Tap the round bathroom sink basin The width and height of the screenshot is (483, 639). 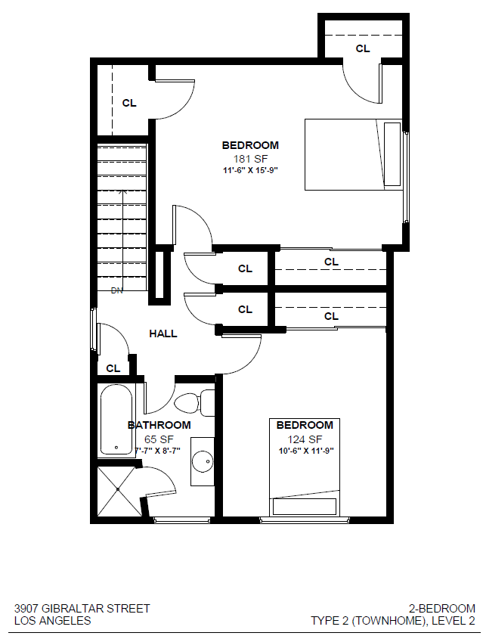tap(203, 461)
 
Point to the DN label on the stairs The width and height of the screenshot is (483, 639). tap(117, 290)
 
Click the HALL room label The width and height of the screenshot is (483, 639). tap(163, 333)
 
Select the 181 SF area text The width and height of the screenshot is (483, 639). tap(249, 158)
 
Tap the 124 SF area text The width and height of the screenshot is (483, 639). tap(305, 439)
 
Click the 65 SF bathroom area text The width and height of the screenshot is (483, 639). tap(159, 439)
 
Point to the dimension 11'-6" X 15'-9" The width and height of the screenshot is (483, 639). tap(249, 171)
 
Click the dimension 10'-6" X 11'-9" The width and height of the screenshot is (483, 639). tap(305, 451)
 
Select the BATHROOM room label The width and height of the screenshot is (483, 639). tap(159, 426)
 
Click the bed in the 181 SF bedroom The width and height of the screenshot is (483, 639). tap(352, 154)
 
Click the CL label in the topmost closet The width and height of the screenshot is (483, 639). tap(363, 48)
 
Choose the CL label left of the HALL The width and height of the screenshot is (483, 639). tap(113, 369)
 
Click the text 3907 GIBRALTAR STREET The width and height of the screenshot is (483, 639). tap(82, 608)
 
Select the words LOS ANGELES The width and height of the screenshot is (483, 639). tap(53, 621)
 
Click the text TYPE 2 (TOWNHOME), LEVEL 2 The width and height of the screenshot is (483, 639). tap(393, 621)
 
